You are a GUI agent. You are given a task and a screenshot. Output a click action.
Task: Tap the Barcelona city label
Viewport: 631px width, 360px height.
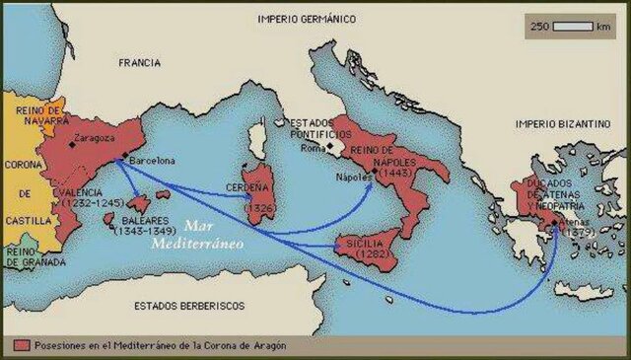[x=149, y=161]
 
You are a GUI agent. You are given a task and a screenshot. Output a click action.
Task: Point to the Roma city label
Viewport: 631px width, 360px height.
[x=313, y=148]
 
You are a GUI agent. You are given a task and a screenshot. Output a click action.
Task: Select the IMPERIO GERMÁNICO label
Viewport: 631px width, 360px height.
[x=306, y=19]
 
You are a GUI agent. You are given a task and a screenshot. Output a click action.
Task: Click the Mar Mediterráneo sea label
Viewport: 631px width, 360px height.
[x=196, y=235]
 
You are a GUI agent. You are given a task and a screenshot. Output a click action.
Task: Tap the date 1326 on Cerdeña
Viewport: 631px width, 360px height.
[x=258, y=209]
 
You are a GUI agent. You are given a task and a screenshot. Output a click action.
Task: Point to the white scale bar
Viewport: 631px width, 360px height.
[x=571, y=26]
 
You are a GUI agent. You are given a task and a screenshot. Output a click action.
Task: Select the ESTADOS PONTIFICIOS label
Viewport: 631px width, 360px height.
[x=321, y=129]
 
